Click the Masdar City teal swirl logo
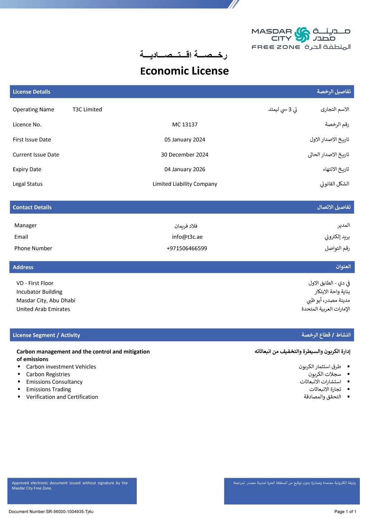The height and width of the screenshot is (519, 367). point(302,35)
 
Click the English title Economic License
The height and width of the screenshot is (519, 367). point(184,71)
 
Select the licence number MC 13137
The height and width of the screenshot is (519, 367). point(185,125)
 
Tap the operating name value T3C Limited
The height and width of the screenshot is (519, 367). point(87,110)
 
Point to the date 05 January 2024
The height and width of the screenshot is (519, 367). point(185,140)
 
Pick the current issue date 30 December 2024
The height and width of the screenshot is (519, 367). point(185,155)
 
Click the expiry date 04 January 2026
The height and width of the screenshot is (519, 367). point(185,170)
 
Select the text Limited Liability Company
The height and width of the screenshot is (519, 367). point(185,184)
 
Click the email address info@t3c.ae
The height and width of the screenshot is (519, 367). point(187,237)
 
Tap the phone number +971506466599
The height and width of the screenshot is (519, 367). point(187,248)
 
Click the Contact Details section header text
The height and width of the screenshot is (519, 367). point(32,208)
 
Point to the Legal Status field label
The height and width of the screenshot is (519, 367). point(28,184)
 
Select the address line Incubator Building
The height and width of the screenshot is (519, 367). point(39,292)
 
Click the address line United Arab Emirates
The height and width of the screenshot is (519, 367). point(43,309)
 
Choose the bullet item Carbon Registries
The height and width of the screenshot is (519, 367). point(48,375)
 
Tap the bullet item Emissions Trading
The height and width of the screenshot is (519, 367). point(48,390)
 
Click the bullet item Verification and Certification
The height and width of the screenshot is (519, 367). point(62,397)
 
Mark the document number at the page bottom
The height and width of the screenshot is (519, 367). point(51,512)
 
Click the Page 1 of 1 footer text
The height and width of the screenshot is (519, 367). point(345,512)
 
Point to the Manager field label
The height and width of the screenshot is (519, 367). point(25,225)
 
